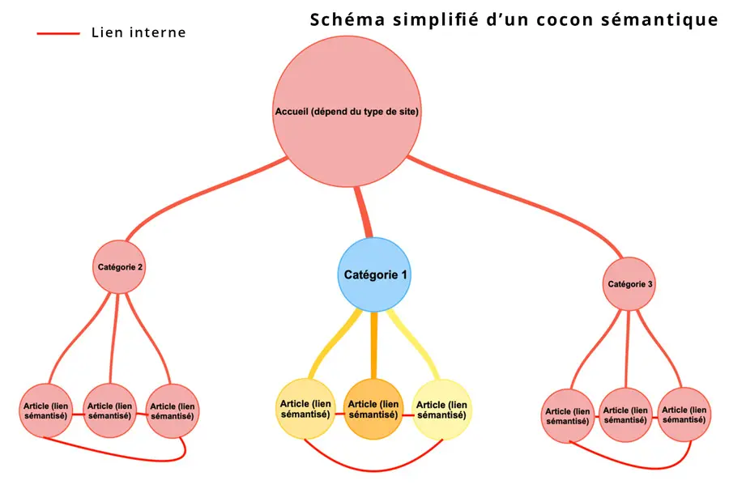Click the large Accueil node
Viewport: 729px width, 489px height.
click(347, 111)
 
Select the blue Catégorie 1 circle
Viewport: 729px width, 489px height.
click(373, 274)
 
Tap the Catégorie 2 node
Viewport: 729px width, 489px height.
click(120, 266)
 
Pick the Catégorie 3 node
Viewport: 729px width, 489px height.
click(629, 284)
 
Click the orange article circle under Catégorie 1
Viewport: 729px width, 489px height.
click(373, 409)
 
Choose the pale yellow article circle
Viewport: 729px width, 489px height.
click(441, 409)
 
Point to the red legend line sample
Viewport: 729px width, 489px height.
click(58, 33)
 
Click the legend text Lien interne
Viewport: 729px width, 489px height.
click(139, 33)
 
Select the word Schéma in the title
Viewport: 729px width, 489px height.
click(344, 19)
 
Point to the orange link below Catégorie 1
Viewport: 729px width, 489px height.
click(373, 344)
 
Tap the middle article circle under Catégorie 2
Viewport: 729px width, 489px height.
click(110, 410)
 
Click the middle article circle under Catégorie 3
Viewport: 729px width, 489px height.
click(626, 415)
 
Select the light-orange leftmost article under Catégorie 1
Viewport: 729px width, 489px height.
click(305, 409)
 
